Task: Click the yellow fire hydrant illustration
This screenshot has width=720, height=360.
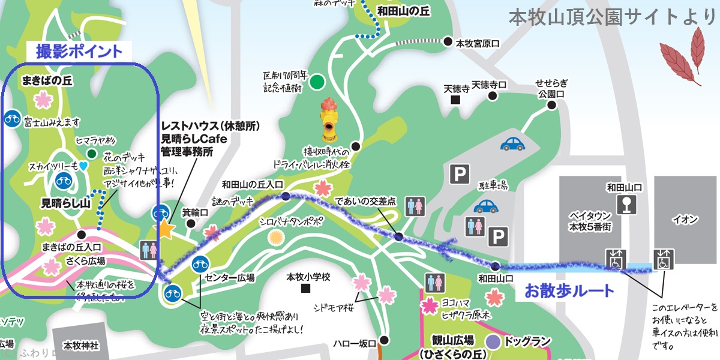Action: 328,119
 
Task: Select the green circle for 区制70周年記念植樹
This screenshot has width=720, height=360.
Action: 317,82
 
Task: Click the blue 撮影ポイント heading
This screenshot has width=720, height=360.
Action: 79,51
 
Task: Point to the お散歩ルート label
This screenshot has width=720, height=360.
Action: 569,292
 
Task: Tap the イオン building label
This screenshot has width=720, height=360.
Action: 686,220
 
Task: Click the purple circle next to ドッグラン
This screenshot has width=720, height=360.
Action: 493,342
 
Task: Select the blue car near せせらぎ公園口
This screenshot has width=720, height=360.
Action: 513,143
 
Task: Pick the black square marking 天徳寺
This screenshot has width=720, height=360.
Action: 456,100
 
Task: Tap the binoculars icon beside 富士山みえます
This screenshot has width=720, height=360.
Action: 12,119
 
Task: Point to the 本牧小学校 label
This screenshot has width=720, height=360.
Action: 306,277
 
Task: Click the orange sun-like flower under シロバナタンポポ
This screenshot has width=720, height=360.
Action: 275,238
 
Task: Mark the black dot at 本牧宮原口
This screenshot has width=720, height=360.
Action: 448,42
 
